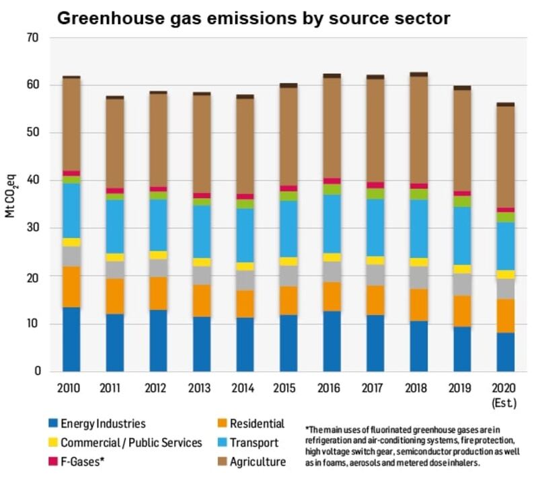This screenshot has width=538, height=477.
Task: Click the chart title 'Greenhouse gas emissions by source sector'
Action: pyautogui.click(x=253, y=18)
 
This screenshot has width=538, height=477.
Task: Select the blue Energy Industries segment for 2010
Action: pyautogui.click(x=71, y=339)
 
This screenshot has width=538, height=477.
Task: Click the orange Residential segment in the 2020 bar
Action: pyautogui.click(x=505, y=316)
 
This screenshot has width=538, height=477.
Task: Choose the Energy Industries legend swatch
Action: pyautogui.click(x=52, y=424)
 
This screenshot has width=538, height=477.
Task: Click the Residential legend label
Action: pyautogui.click(x=258, y=424)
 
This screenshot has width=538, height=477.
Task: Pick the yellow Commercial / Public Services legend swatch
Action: pyautogui.click(x=52, y=443)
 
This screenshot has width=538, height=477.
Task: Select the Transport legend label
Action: pyautogui.click(x=254, y=443)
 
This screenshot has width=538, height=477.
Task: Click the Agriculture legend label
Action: pyautogui.click(x=258, y=462)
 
